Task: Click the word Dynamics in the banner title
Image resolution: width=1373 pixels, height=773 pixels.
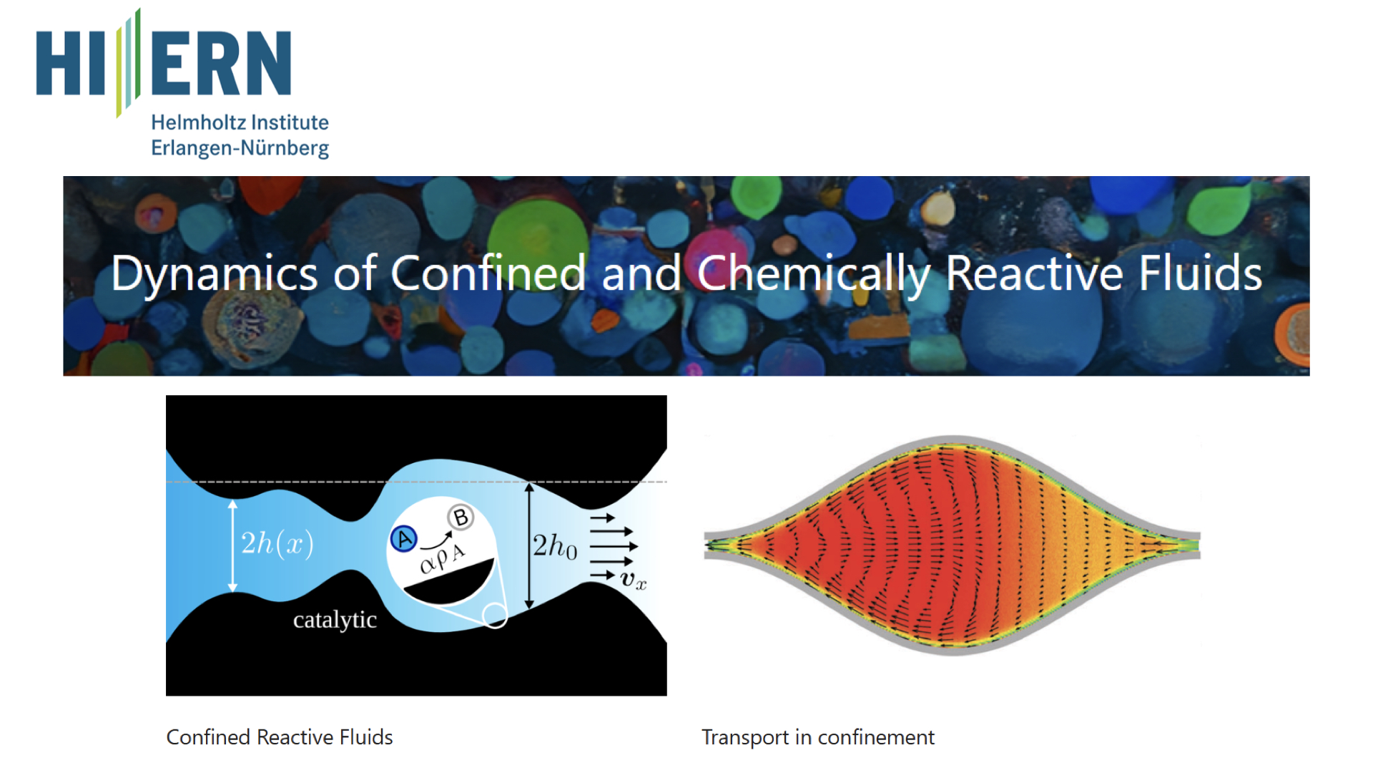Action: point(215,275)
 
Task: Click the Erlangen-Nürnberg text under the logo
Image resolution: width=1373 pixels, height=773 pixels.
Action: point(240,148)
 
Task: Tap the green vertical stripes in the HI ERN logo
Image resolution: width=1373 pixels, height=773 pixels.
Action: point(129,63)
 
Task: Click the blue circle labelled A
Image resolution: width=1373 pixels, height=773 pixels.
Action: point(404,538)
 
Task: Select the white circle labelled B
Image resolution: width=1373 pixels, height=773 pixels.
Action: point(461,517)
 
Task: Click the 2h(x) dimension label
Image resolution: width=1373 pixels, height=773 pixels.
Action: point(277,544)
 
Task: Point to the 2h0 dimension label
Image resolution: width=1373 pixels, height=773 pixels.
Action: point(555,546)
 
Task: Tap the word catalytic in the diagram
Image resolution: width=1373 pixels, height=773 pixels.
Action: point(335,620)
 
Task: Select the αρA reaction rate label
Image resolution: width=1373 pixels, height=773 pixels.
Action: point(443,558)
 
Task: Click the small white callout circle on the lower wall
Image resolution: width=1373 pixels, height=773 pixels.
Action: point(494,616)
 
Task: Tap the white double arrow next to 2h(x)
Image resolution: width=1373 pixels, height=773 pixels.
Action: point(232,546)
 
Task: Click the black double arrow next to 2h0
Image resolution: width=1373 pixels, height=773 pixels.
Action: point(529,546)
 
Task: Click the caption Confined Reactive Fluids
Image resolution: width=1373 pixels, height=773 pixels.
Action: point(280,737)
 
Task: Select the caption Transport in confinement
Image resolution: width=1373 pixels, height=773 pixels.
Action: point(818,738)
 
